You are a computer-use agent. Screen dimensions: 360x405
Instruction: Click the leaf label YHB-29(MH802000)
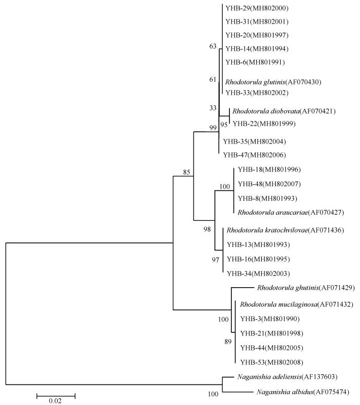click(257, 8)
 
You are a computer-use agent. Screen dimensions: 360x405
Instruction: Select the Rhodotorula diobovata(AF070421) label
click(284, 111)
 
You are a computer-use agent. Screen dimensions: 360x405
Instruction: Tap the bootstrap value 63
click(213, 46)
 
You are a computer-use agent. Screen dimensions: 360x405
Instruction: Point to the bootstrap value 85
click(187, 172)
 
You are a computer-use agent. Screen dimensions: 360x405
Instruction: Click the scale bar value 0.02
click(55, 401)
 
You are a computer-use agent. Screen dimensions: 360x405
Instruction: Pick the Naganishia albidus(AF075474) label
click(303, 392)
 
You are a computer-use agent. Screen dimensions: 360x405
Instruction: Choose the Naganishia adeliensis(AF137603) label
click(287, 377)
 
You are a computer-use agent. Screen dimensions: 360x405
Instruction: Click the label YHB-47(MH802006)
click(255, 155)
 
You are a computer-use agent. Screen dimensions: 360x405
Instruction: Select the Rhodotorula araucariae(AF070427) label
click(291, 213)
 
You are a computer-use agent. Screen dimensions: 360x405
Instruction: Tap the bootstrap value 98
click(207, 229)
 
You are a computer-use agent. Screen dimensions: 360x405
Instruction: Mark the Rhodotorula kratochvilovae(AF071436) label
click(285, 230)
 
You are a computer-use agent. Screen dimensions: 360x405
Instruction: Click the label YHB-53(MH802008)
click(272, 362)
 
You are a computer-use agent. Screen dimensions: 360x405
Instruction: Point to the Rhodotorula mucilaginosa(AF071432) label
click(297, 305)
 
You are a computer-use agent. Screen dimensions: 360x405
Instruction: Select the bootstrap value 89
click(228, 342)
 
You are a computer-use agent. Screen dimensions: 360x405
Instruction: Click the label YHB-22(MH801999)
click(264, 124)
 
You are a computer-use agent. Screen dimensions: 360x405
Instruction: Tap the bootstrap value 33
click(213, 108)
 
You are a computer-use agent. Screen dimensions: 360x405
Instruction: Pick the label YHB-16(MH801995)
click(258, 259)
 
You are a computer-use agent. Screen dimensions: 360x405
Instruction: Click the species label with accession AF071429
click(306, 288)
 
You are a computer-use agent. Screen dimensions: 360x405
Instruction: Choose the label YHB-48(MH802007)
click(269, 184)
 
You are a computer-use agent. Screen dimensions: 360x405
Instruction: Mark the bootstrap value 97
click(215, 260)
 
